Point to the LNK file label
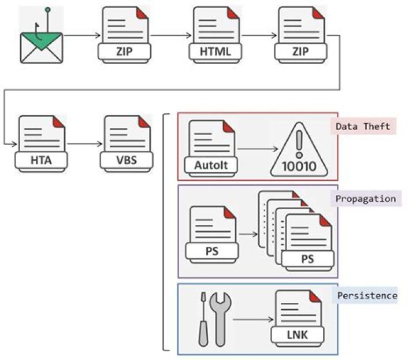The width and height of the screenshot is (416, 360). [x=297, y=334]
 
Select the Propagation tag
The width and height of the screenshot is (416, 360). [x=366, y=198]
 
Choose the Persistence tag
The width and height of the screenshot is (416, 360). [x=367, y=295]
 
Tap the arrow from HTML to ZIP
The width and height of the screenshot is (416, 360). [x=256, y=35]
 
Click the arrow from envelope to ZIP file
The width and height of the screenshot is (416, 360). [x=81, y=35]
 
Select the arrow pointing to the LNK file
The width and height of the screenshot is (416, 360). [x=252, y=318]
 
